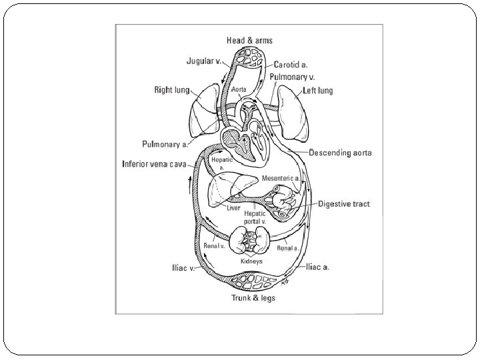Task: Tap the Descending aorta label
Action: [x=341, y=153]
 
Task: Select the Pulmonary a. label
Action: [x=166, y=143]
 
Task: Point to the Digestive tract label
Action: [x=344, y=203]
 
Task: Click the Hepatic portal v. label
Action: [x=253, y=217]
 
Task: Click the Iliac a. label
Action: [x=318, y=267]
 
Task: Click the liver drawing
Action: [x=230, y=187]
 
